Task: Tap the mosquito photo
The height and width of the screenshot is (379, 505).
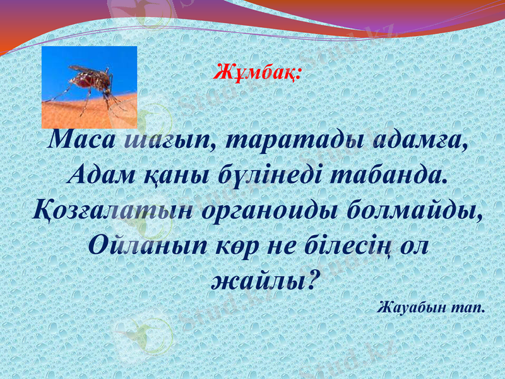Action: click(89, 87)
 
